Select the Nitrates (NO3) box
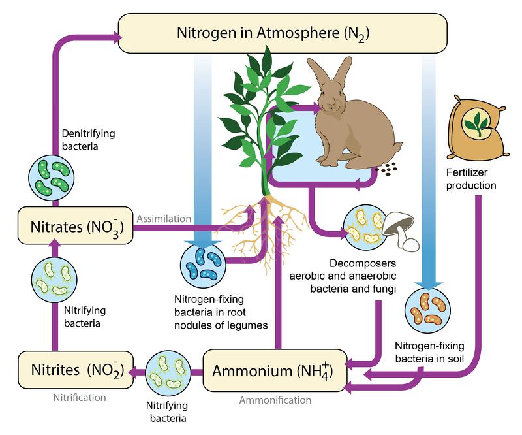(x=75, y=228)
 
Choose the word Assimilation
(x=163, y=219)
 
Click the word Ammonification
(x=275, y=400)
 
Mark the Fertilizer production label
(x=471, y=180)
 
